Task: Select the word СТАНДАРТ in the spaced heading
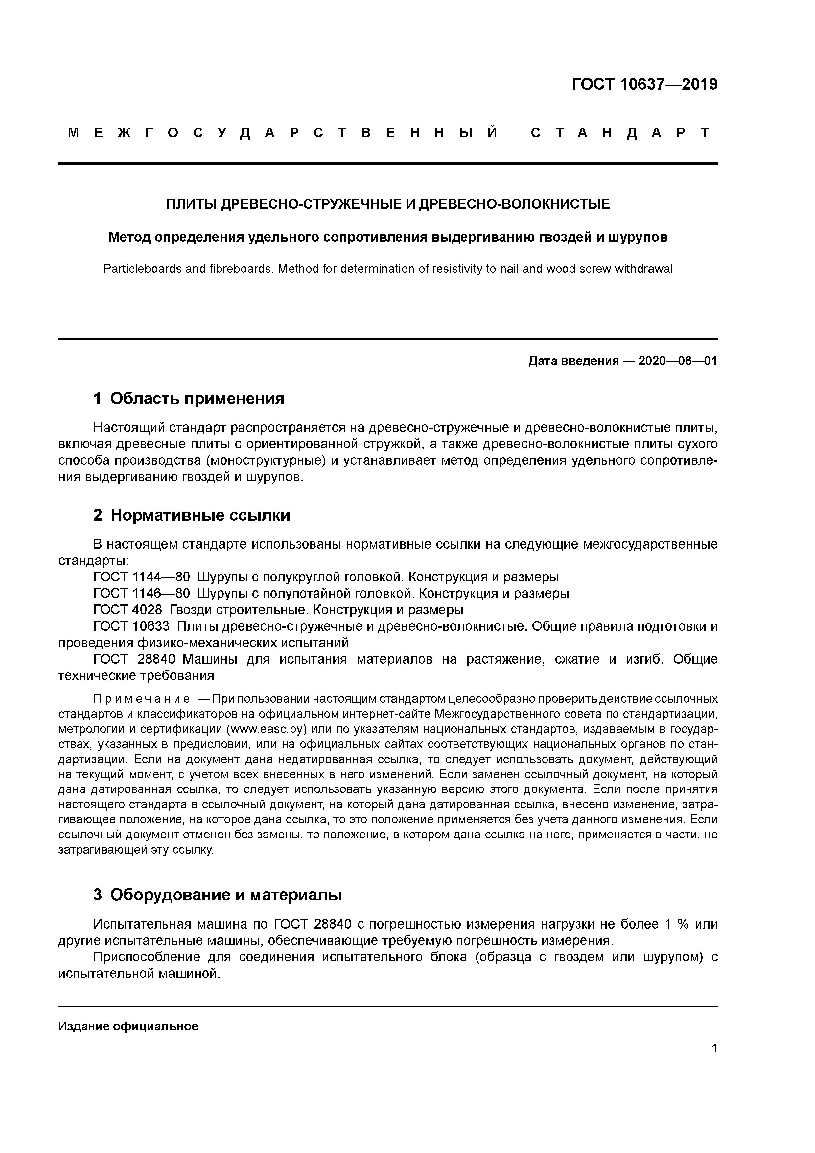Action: coord(621,133)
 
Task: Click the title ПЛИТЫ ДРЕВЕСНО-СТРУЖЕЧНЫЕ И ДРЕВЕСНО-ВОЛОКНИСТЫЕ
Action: coord(388,204)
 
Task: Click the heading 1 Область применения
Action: coord(189,398)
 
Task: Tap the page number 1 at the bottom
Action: coord(714,1048)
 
